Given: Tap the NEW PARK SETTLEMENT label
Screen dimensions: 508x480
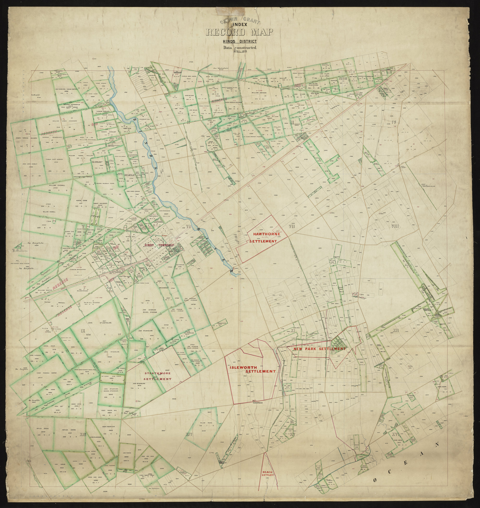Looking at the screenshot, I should pyautogui.click(x=320, y=349).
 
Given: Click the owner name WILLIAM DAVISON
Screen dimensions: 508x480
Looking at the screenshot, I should pyautogui.click(x=259, y=93).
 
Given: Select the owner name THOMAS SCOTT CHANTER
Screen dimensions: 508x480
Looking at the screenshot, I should pyautogui.click(x=54, y=159).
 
